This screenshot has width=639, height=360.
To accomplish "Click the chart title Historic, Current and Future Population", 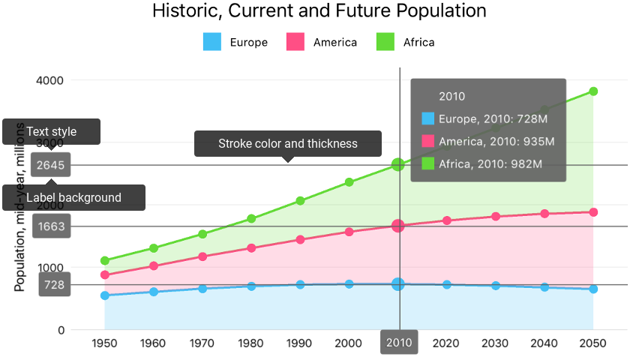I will pyautogui.click(x=319, y=11).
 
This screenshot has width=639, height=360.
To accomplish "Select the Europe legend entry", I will pyautogui.click(x=235, y=42).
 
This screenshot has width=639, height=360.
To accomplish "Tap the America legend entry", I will pyautogui.click(x=322, y=42).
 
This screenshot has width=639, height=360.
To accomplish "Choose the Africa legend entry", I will pyautogui.click(x=405, y=42).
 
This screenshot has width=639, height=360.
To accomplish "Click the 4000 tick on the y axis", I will pyautogui.click(x=51, y=80).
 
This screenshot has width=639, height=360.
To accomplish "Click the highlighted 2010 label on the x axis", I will pyautogui.click(x=398, y=343).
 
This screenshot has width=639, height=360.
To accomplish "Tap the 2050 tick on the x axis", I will pyautogui.click(x=593, y=343).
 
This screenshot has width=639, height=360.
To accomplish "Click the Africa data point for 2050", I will pyautogui.click(x=593, y=91).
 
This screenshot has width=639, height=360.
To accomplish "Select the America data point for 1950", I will pyautogui.click(x=105, y=275).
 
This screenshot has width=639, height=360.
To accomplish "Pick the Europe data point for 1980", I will pyautogui.click(x=251, y=286).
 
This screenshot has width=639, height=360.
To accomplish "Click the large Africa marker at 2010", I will pyautogui.click(x=398, y=165).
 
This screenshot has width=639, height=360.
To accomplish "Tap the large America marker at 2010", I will pyautogui.click(x=398, y=226).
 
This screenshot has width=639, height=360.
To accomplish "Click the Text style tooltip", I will pyautogui.click(x=51, y=131).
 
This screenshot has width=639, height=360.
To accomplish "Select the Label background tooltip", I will pyautogui.click(x=73, y=197).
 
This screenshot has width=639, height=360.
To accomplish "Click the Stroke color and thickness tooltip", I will pyautogui.click(x=288, y=143).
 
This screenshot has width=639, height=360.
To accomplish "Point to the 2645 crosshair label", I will pyautogui.click(x=55, y=165).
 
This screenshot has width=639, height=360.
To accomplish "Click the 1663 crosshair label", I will pyautogui.click(x=55, y=226).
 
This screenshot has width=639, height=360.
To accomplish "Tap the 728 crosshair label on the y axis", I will pyautogui.click(x=55, y=285).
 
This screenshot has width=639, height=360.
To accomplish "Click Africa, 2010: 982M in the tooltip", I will pyautogui.click(x=490, y=163).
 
